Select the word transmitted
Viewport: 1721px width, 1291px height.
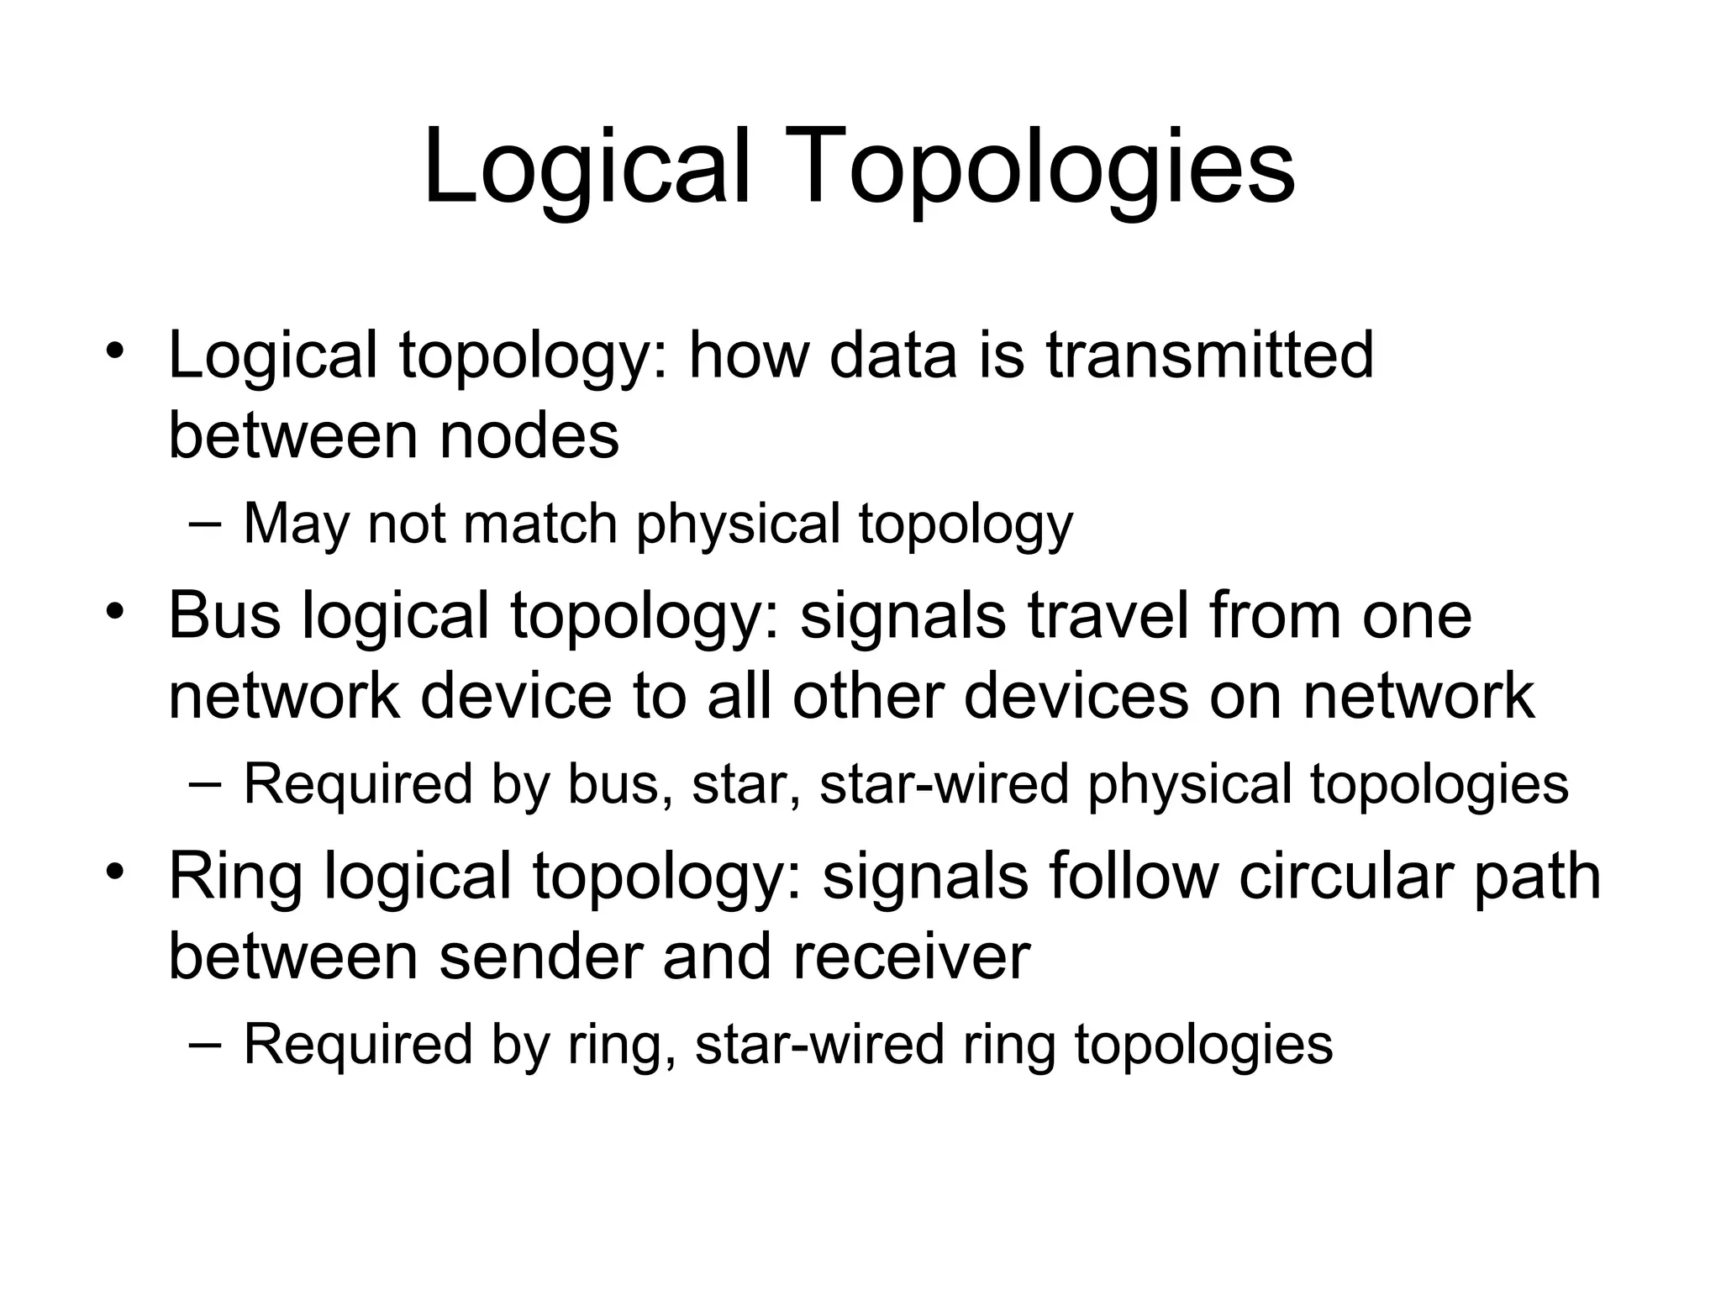coord(1209,354)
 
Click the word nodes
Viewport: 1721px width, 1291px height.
coord(529,435)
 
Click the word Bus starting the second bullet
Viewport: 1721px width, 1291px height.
coord(224,615)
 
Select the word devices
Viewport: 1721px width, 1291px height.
coord(1076,696)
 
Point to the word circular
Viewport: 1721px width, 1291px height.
coord(1335,876)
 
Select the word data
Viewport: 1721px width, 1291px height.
coord(893,354)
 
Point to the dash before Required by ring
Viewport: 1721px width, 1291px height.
coord(206,1044)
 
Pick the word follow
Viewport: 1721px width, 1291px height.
coord(1124,876)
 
